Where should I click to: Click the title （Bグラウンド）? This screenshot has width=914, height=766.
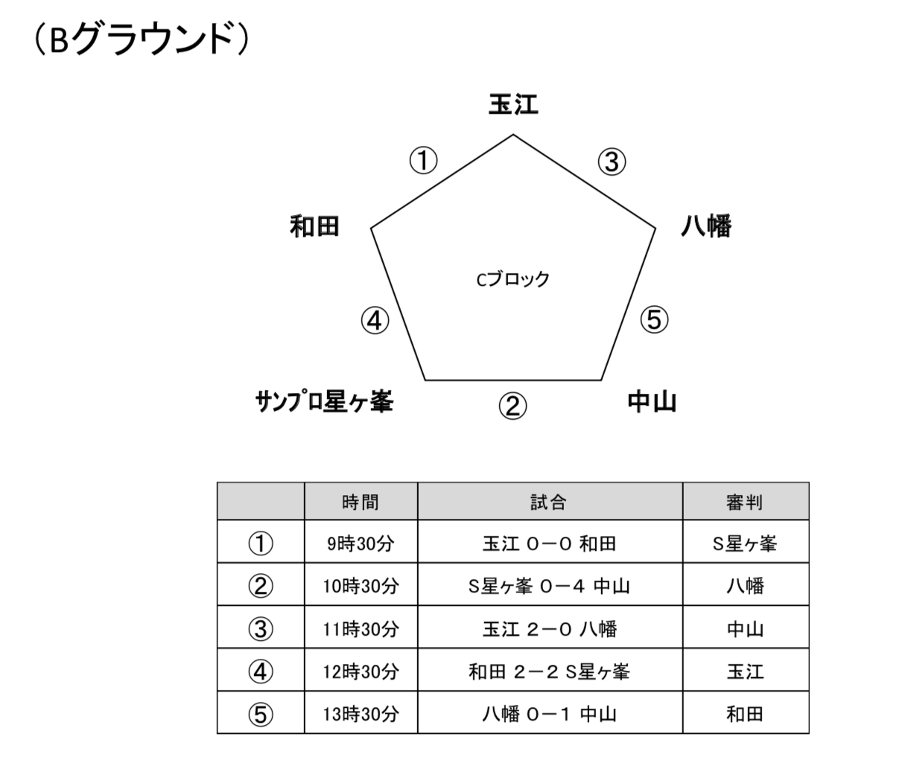[141, 39]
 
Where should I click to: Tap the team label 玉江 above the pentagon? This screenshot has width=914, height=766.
[513, 104]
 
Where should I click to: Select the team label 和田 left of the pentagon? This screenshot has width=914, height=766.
[314, 226]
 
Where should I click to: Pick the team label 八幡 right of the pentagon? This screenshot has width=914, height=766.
[705, 226]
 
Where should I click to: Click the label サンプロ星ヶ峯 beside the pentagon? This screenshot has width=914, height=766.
[324, 401]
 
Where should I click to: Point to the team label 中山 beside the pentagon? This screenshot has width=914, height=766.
[652, 401]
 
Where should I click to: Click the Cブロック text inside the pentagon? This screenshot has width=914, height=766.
[512, 279]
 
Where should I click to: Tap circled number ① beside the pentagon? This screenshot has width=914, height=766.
[423, 160]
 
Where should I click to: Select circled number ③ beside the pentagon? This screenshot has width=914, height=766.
[612, 162]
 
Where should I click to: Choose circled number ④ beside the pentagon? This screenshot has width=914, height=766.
[375, 320]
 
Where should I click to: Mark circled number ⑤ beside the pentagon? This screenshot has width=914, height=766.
[654, 319]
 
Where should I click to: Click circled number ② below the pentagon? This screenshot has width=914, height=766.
[512, 406]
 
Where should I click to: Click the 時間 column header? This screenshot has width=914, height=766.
[361, 502]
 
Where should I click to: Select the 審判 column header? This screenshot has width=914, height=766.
[745, 502]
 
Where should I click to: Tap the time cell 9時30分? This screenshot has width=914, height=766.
[361, 543]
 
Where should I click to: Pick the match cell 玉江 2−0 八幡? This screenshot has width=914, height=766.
[549, 629]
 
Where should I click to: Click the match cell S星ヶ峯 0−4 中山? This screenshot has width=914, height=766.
[549, 586]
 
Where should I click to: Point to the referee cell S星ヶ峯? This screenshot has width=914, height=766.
[745, 543]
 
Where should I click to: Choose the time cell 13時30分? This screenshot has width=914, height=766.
[361, 715]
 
